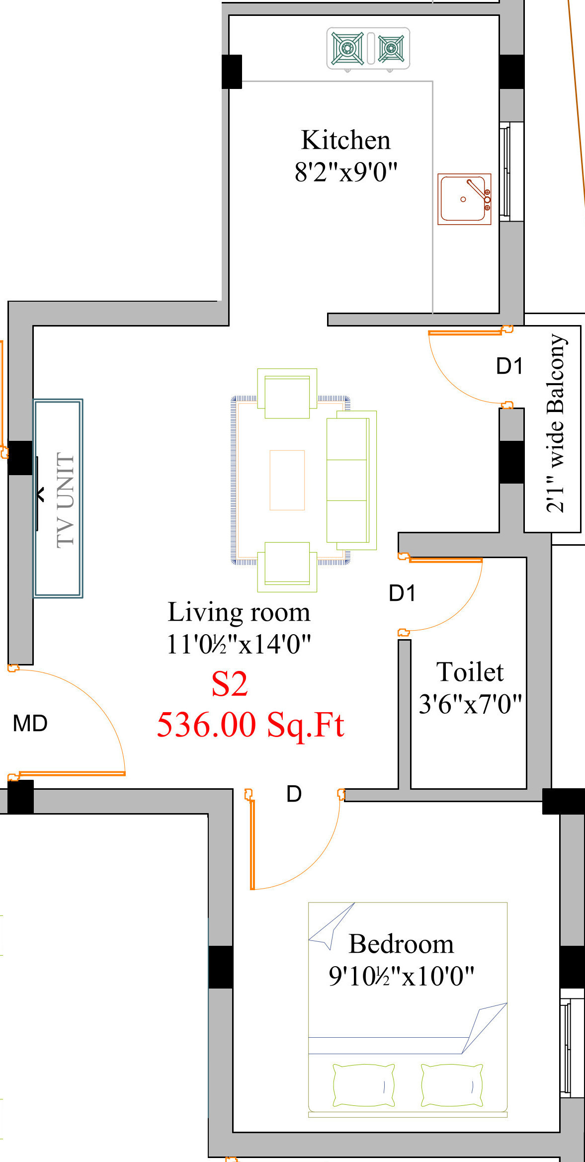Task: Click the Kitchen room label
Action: [346, 140]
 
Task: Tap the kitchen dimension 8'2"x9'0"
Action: [346, 172]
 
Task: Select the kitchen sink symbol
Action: [464, 199]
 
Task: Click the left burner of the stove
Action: [347, 49]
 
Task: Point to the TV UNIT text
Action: [66, 499]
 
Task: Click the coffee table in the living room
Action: [287, 480]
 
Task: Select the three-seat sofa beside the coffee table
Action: [351, 480]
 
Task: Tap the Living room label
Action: [239, 612]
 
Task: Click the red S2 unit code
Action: [230, 684]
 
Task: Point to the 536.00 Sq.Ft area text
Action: [251, 725]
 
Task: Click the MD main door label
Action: [30, 724]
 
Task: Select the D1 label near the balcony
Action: [509, 366]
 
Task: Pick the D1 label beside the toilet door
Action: [402, 593]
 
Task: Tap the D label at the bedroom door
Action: [294, 794]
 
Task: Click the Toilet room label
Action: [470, 672]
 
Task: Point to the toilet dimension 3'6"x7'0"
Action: [470, 704]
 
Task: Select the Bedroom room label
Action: [402, 944]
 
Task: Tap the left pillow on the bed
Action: [364, 1085]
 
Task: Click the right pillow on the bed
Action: [452, 1085]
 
